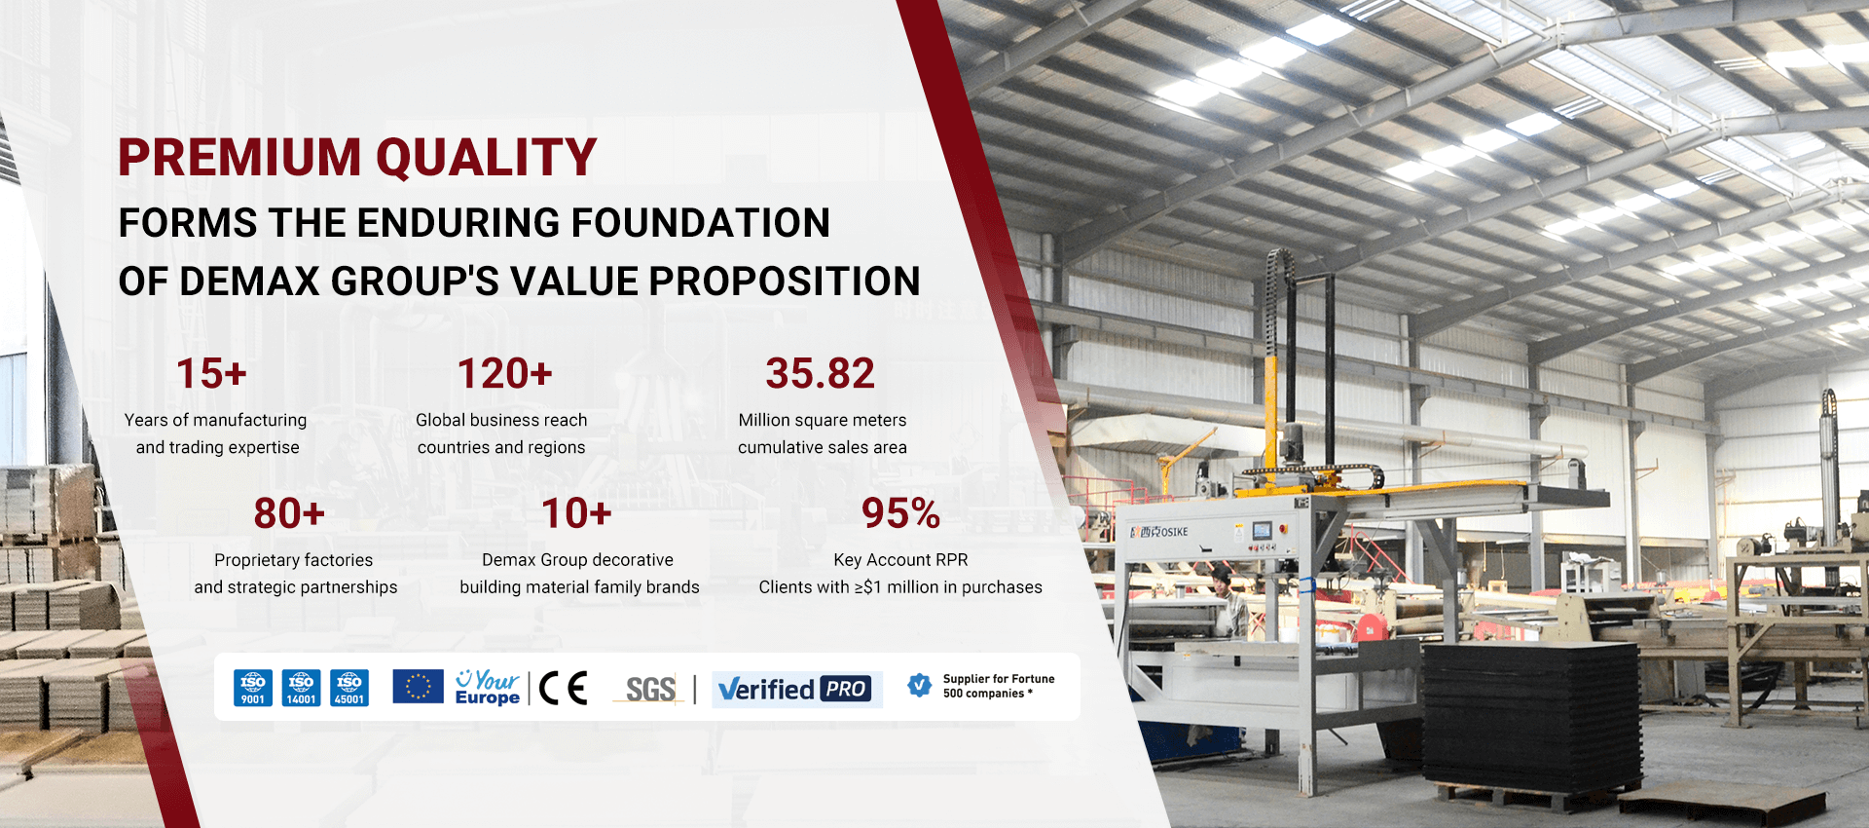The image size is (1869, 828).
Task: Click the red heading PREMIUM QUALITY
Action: point(357,158)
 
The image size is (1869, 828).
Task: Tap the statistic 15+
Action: point(211,374)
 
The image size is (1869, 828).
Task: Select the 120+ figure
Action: point(504,374)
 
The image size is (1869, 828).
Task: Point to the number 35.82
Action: point(820,374)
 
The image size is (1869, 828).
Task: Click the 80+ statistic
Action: point(289,514)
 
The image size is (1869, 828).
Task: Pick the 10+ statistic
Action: point(576,514)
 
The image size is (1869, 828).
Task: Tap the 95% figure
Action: point(900,514)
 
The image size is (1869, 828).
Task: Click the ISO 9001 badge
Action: point(253,688)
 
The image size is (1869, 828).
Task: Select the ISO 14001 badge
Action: point(301,688)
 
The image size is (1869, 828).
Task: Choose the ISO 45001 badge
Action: point(349,688)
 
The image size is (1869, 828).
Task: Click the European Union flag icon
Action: point(418,687)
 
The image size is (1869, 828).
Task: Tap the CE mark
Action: point(564,688)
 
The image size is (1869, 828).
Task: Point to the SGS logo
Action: point(650,690)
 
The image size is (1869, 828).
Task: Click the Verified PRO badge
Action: point(796,690)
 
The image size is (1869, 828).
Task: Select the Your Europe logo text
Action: point(488,688)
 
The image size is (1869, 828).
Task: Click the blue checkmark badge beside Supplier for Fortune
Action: point(919,686)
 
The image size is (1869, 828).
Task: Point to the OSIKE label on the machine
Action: point(1160,532)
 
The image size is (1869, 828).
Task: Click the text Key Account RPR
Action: point(900,560)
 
